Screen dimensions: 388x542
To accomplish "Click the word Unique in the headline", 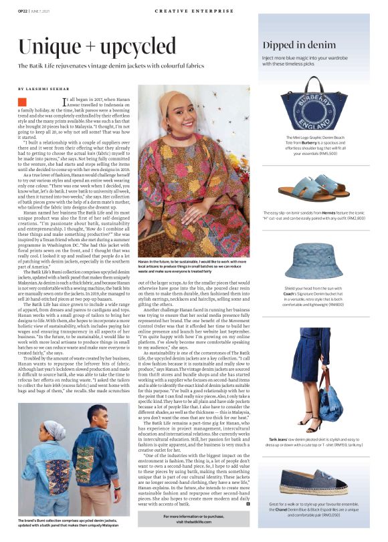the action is point(51,47).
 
